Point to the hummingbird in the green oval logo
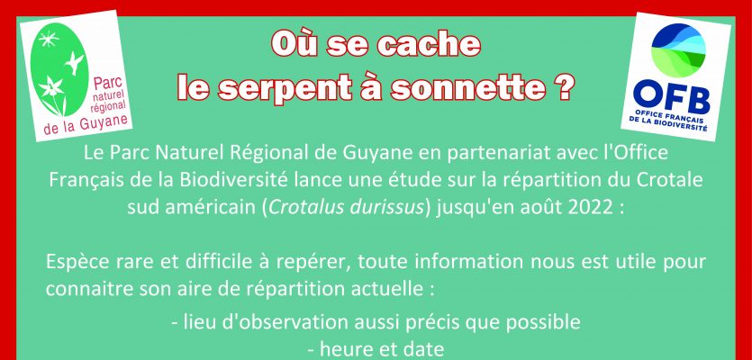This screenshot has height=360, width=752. click(x=74, y=62)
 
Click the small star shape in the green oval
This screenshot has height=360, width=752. click(x=49, y=39)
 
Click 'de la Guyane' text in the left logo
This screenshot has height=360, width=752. click(x=86, y=123)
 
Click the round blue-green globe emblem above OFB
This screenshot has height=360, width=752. click(x=678, y=50)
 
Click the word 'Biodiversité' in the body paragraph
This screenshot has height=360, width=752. click(x=233, y=181)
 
